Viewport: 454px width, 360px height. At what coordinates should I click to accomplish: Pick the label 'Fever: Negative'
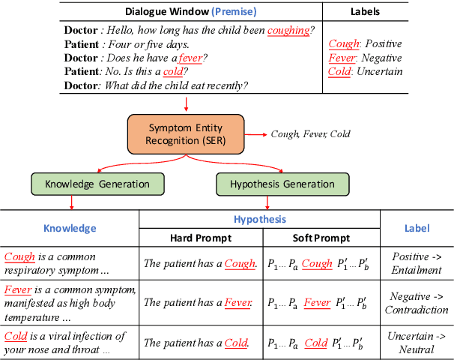[365, 58]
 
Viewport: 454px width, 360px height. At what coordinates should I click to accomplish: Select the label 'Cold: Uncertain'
[366, 72]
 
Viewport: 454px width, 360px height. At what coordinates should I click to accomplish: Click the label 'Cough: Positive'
[365, 43]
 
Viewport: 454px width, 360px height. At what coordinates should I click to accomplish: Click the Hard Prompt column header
[199, 238]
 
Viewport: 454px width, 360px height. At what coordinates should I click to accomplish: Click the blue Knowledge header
[70, 229]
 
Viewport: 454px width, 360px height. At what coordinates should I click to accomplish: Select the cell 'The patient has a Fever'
[199, 303]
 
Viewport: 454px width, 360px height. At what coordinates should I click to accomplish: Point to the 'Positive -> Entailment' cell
[417, 263]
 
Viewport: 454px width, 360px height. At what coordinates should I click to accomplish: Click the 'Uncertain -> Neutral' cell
[417, 343]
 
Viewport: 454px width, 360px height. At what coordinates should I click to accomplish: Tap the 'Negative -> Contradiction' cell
[417, 303]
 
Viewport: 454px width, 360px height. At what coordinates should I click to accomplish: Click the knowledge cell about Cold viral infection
[66, 343]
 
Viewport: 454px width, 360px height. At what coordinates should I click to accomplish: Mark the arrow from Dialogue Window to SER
[186, 103]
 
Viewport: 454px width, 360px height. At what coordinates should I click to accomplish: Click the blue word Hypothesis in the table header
[260, 220]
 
